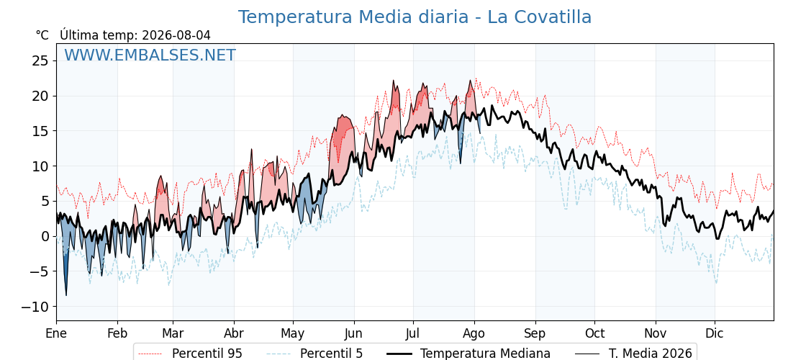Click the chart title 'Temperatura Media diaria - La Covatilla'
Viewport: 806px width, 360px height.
pos(415,17)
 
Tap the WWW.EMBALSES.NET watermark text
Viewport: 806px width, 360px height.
pos(150,55)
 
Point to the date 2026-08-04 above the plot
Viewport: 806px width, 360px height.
pos(176,35)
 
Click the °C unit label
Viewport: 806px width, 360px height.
pos(42,35)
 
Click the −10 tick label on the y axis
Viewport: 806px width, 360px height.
pos(35,307)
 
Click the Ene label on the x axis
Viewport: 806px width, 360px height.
pos(57,333)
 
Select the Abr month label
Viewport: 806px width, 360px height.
pos(235,333)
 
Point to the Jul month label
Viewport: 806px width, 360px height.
pos(413,333)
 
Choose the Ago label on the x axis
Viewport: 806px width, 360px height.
pos(474,334)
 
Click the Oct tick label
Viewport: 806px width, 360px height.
pos(594,333)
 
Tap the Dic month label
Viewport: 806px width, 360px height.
pos(715,333)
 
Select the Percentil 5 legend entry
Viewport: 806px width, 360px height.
pos(314,354)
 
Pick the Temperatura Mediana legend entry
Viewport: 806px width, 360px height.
pos(467,354)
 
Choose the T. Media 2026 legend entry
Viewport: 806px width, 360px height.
pos(634,354)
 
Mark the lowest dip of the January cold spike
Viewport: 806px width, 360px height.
pos(65,295)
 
